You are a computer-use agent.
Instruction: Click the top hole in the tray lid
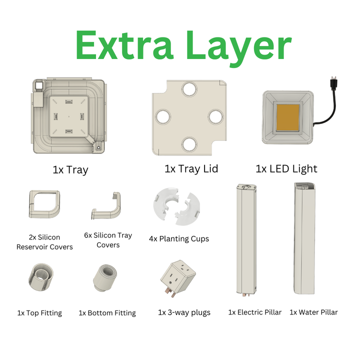[189, 90]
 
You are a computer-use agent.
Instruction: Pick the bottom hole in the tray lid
[189, 144]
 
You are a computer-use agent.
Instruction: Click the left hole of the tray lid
[163, 117]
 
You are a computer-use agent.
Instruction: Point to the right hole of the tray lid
[216, 116]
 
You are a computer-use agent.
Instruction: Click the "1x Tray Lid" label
[191, 169]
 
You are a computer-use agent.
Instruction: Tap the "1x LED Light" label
[286, 169]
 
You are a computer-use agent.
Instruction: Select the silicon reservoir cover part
[44, 203]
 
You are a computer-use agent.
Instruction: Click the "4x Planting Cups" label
[179, 238]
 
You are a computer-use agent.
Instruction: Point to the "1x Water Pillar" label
[313, 312]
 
